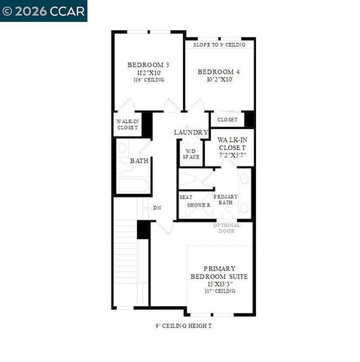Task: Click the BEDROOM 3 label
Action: click(148, 65)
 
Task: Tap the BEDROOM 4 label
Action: click(218, 72)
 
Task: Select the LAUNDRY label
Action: click(191, 133)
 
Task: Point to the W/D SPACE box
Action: click(191, 153)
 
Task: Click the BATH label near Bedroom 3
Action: click(139, 161)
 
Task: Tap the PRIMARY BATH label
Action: click(226, 200)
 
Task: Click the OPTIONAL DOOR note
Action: click(227, 228)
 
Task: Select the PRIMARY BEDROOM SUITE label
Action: click(219, 273)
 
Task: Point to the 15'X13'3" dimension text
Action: click(219, 284)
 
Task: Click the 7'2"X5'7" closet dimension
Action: click(232, 155)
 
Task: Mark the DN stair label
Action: click(157, 208)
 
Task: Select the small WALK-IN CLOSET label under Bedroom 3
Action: click(126, 124)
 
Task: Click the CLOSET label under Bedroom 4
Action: click(227, 120)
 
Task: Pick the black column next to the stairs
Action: click(142, 229)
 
